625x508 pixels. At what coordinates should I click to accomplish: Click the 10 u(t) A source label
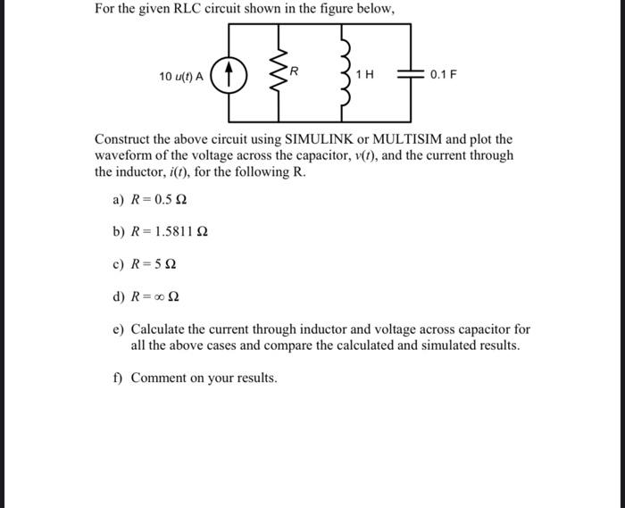[181, 77]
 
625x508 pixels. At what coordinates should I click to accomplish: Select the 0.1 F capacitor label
[443, 75]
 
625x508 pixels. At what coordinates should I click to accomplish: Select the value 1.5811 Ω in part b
[181, 232]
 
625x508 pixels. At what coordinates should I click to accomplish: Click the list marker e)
[119, 329]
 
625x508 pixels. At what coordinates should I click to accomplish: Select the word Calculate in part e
[161, 329]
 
